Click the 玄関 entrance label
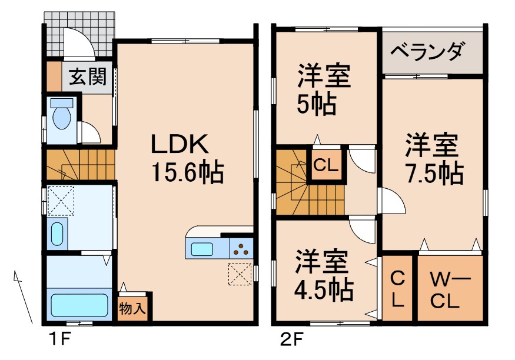[89, 77]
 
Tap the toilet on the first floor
[61, 116]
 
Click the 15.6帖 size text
[187, 172]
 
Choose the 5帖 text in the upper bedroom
[316, 105]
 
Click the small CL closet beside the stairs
[325, 165]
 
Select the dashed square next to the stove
[240, 274]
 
